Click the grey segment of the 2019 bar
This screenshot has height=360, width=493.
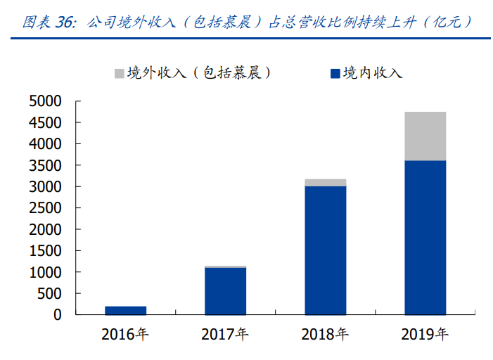(425, 136)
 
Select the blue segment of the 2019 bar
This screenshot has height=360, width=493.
(425, 237)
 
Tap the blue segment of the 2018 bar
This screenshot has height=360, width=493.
(325, 250)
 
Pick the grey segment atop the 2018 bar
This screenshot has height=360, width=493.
(325, 183)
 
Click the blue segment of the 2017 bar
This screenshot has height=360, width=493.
(225, 290)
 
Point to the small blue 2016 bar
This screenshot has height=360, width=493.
(125, 310)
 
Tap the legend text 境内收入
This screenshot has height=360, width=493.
(372, 73)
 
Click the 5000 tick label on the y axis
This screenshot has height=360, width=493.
(46, 101)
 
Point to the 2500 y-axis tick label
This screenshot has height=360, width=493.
(46, 208)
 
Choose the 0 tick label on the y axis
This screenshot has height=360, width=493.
(58, 315)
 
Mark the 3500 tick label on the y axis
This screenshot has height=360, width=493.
(46, 165)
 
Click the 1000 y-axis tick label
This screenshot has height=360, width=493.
(46, 272)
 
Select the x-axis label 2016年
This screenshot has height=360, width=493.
(125, 335)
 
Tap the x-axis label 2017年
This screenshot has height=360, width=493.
(225, 335)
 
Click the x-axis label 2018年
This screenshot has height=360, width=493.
(325, 335)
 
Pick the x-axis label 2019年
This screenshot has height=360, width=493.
(425, 335)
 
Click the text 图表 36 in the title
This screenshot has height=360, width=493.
(49, 22)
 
